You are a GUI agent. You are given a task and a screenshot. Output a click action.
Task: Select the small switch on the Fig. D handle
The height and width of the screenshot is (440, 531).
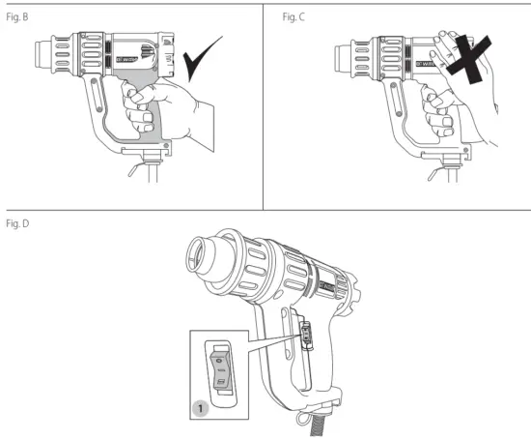point(309,335)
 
